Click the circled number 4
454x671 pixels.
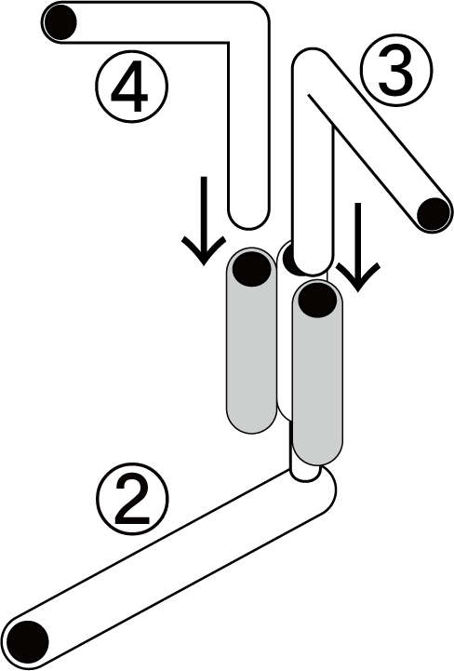pos(131,87)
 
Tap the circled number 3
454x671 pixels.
pos(396,71)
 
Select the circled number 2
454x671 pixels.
pos(132,499)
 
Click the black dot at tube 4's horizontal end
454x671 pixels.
pos(60,21)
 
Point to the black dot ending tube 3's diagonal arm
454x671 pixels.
pos(433,214)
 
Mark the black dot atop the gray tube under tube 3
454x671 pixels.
pos(317,299)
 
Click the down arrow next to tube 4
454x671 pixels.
pos(204,221)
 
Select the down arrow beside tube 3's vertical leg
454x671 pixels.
pos(358,247)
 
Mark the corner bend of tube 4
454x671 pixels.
pos(250,21)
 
